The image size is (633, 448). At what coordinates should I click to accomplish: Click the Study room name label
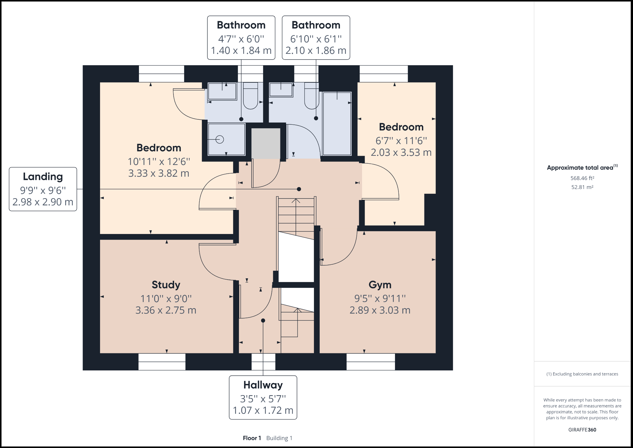[x=166, y=285]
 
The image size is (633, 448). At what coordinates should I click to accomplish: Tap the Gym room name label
[x=380, y=285]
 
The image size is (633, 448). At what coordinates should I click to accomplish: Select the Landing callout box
[x=43, y=189]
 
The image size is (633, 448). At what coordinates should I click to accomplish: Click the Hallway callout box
[x=263, y=397]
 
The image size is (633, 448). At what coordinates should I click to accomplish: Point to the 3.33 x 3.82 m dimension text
[x=159, y=173]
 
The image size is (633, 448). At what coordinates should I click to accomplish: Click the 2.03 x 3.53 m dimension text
[x=401, y=152]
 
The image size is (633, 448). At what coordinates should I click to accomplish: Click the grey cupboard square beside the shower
[x=266, y=143]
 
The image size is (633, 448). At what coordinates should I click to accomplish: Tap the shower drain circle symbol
[x=220, y=139]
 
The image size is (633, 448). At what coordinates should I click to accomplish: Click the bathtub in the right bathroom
[x=337, y=123]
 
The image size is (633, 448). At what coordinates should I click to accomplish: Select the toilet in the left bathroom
[x=250, y=97]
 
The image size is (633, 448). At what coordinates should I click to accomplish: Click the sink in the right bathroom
[x=281, y=90]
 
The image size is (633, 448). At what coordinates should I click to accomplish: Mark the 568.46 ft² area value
[x=582, y=178]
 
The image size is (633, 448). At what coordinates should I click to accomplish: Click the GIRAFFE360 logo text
[x=582, y=430]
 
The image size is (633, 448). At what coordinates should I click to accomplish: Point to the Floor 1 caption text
[x=252, y=438]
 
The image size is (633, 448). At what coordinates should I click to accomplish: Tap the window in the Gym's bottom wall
[x=371, y=362]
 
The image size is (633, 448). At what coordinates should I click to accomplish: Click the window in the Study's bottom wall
[x=162, y=362]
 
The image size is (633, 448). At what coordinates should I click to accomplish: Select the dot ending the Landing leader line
[x=299, y=189]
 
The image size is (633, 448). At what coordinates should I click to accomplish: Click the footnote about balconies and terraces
[x=582, y=374]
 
